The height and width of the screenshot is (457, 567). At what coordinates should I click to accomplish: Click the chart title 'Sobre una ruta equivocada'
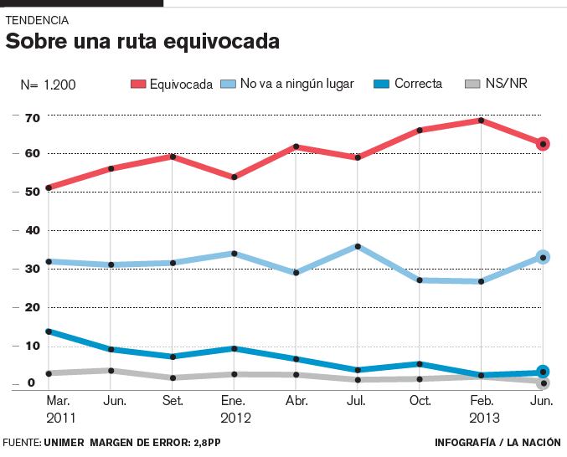tap(142, 42)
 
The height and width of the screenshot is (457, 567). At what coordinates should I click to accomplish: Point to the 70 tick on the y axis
tap(32, 118)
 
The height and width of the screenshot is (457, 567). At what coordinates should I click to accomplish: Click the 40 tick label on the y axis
tap(32, 230)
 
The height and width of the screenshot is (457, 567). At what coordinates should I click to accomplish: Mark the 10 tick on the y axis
tap(32, 346)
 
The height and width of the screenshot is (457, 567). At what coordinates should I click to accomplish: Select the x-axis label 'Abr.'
tap(296, 400)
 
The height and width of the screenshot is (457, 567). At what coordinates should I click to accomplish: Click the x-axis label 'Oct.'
tap(420, 400)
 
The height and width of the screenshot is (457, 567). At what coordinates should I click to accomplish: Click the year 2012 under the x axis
tap(235, 417)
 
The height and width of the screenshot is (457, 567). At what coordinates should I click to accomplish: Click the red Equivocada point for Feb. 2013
tap(481, 121)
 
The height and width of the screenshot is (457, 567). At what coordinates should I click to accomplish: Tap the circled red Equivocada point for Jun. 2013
tap(543, 144)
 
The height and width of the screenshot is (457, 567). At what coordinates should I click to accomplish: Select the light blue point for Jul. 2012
tap(358, 246)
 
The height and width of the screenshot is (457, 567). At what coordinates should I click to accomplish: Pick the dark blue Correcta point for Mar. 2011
tap(49, 331)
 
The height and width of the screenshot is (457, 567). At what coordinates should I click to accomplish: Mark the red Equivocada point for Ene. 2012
tap(235, 177)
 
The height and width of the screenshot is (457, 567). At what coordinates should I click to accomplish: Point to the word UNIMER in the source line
tap(66, 442)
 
